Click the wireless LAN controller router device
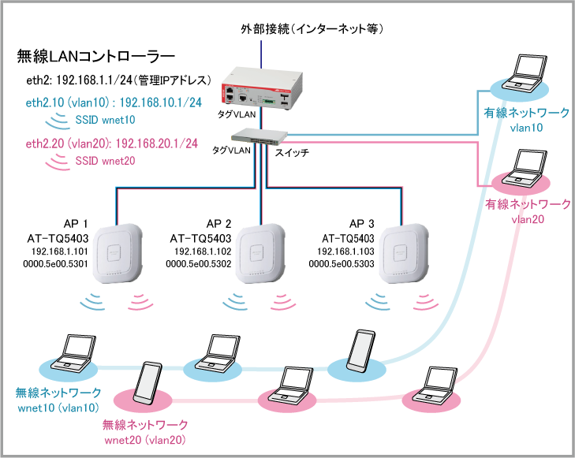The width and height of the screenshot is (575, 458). pyautogui.click(x=262, y=89)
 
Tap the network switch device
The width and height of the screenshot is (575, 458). pyautogui.click(x=259, y=136)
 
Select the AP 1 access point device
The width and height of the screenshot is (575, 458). pyautogui.click(x=117, y=253)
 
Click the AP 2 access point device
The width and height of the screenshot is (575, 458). pyautogui.click(x=260, y=253)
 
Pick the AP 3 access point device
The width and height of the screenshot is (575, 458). pyautogui.click(x=403, y=253)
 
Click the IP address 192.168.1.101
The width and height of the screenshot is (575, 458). pyautogui.click(x=60, y=251)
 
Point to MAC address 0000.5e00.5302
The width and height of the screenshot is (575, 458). pyautogui.click(x=199, y=264)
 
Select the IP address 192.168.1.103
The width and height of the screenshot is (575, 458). pyautogui.click(x=345, y=251)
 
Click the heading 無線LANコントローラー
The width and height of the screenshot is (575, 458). pyautogui.click(x=96, y=57)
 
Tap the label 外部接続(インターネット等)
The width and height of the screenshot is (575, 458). pyautogui.click(x=312, y=28)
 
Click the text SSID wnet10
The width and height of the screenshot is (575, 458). pyautogui.click(x=105, y=120)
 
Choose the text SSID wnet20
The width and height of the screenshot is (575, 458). pyautogui.click(x=105, y=161)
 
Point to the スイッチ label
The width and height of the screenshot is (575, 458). pyautogui.click(x=292, y=152)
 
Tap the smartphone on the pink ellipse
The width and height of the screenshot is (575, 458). pyautogui.click(x=147, y=383)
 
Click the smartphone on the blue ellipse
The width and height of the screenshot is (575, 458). pyautogui.click(x=361, y=351)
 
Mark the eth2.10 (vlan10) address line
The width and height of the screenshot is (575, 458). pyautogui.click(x=114, y=102)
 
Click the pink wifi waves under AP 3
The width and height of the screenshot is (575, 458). pyautogui.click(x=426, y=302)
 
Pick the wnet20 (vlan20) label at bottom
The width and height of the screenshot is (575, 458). pyautogui.click(x=145, y=440)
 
